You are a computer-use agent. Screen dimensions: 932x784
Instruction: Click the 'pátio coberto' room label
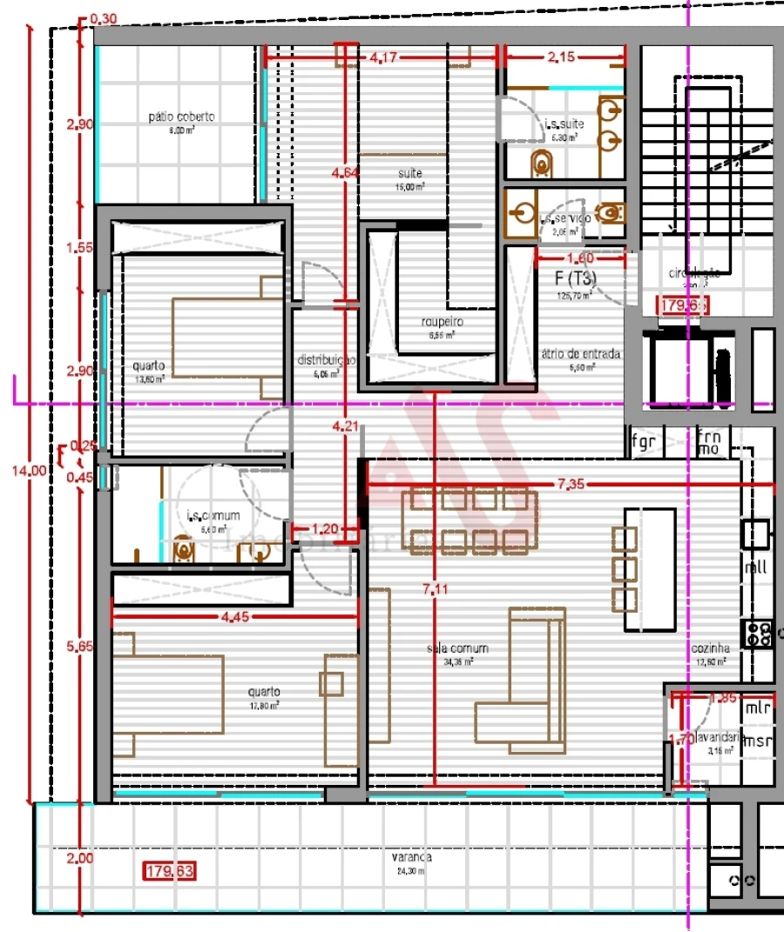[181, 116]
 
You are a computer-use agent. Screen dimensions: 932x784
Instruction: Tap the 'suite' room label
[411, 173]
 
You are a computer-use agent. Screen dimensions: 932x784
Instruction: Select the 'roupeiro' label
[444, 321]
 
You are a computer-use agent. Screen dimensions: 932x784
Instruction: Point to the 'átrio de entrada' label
[581, 354]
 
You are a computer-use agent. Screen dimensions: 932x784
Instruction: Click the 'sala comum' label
[457, 648]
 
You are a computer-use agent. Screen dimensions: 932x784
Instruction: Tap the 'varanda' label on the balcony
[412, 857]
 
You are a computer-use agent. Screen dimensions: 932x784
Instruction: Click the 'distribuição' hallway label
[326, 360]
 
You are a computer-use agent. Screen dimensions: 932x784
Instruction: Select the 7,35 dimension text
[571, 485]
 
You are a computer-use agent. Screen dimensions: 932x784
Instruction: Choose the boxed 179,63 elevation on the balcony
[171, 870]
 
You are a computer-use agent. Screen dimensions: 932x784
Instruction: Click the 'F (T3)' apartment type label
[576, 278]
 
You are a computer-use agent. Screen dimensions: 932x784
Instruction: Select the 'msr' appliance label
[758, 741]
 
